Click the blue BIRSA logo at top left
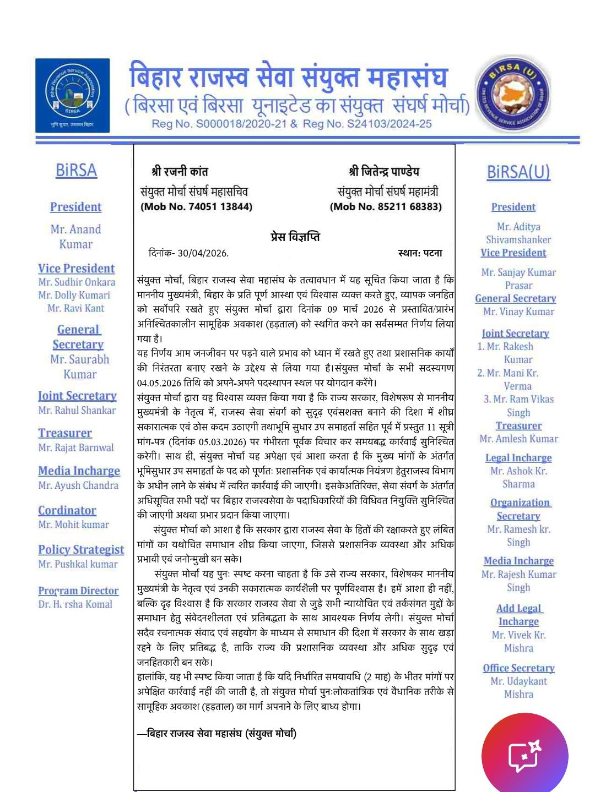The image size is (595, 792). point(72,95)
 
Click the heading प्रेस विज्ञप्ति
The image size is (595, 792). point(295,237)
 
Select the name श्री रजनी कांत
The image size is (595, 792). point(180,172)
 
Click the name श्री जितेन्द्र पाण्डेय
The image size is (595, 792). point(384,172)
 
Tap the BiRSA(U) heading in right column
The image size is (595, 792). point(518,172)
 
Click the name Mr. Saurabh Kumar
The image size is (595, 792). point(79,367)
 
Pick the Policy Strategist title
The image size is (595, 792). point(81,549)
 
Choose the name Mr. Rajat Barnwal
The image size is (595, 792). point(76,447)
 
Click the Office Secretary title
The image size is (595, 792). point(518,668)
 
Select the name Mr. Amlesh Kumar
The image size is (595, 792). point(518,439)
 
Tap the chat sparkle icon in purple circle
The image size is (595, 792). point(524,756)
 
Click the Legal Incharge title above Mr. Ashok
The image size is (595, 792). point(518,457)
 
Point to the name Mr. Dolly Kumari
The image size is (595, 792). point(74,295)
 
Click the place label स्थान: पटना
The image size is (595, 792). point(420,253)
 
